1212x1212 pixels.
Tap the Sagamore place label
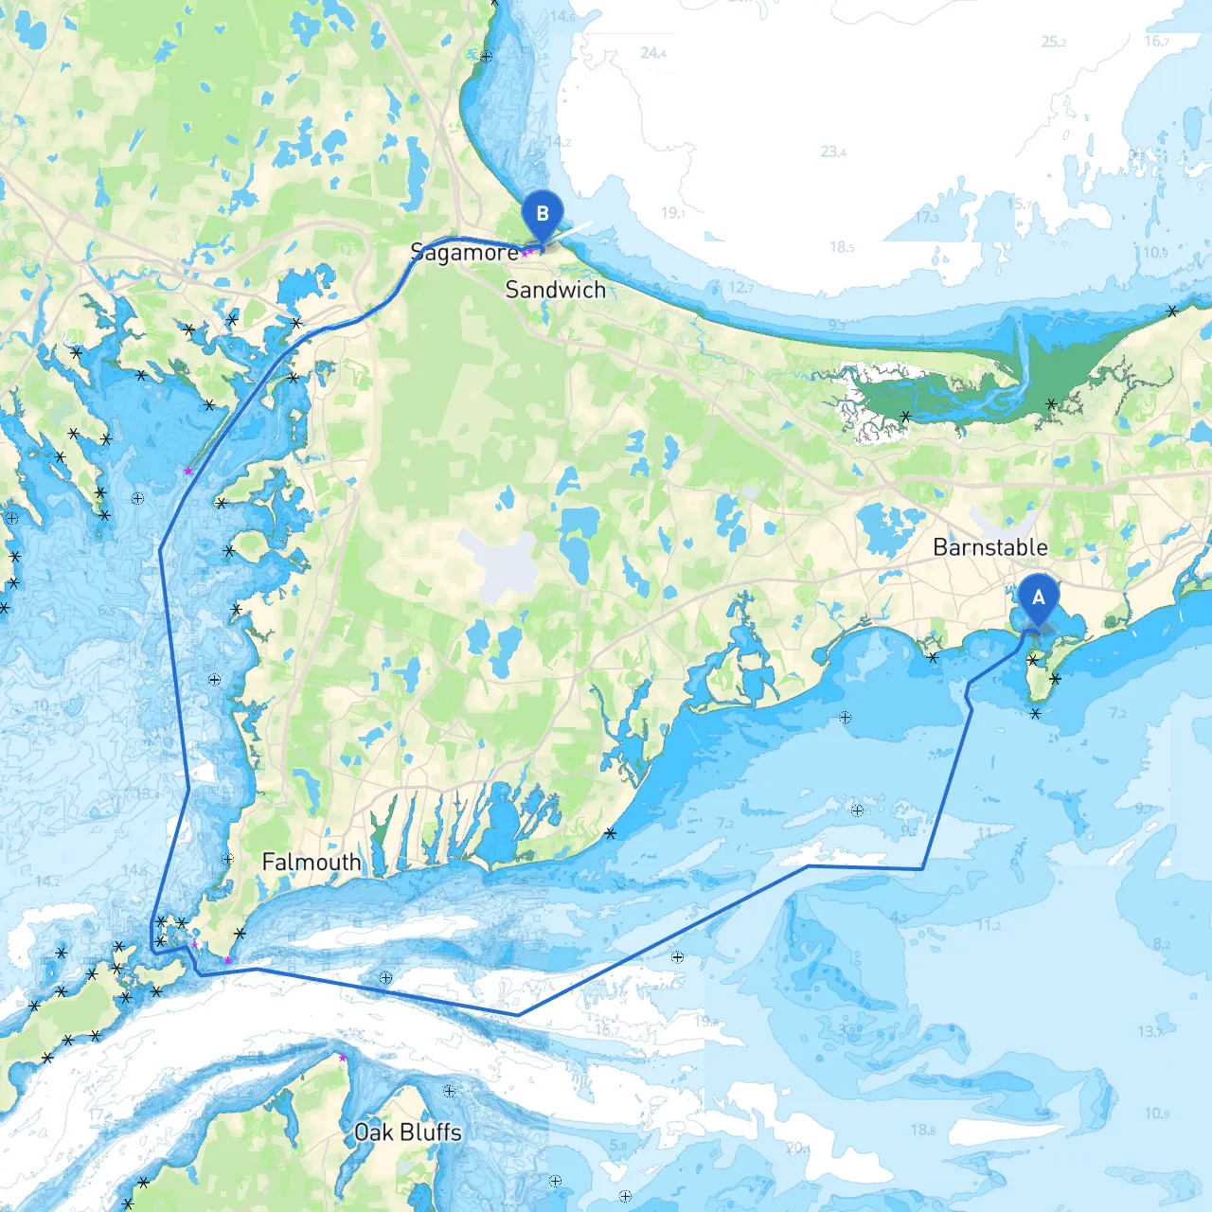(464, 252)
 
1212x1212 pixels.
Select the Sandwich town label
(555, 290)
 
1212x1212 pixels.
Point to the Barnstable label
(989, 547)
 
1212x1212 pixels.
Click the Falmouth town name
(312, 862)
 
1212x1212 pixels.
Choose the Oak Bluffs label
(407, 1132)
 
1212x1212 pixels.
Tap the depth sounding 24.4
(652, 53)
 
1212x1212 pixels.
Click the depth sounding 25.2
(1053, 42)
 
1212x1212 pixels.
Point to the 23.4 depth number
(833, 151)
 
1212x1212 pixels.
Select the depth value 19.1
(672, 213)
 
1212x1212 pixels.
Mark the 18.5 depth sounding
(842, 247)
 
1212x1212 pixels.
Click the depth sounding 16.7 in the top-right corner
(1157, 41)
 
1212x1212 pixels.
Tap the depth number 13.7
(1150, 1031)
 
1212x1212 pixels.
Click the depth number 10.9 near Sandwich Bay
(1155, 253)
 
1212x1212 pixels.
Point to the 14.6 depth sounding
(561, 16)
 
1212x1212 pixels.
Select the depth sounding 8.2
(1162, 944)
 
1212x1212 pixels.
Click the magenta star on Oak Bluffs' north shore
(342, 1058)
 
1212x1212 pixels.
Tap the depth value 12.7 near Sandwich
(740, 288)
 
